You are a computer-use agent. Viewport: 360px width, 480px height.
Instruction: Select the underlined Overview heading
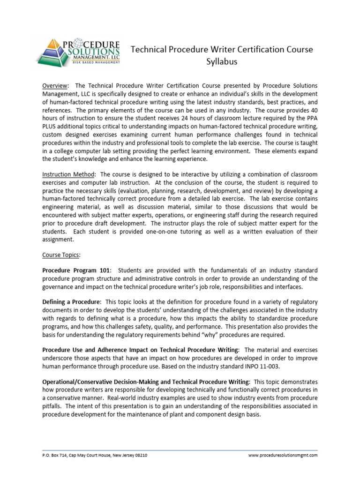click(55, 86)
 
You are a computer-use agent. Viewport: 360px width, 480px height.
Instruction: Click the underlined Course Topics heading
click(61, 255)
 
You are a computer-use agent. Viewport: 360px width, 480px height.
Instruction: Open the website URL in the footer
click(283, 455)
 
